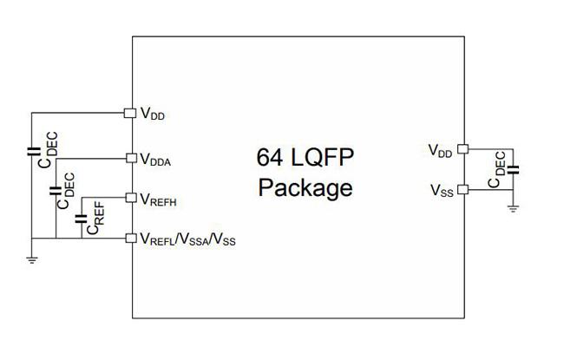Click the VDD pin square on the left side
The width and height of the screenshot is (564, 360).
pyautogui.click(x=130, y=113)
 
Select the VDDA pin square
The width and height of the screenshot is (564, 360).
pyautogui.click(x=132, y=158)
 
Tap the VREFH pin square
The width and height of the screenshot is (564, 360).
pyautogui.click(x=131, y=198)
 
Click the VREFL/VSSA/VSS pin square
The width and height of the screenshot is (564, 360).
pyautogui.click(x=131, y=238)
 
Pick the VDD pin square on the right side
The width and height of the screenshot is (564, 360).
pyautogui.click(x=463, y=149)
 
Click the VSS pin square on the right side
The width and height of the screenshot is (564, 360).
pyautogui.click(x=463, y=189)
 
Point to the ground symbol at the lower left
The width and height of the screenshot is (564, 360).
pyautogui.click(x=32, y=259)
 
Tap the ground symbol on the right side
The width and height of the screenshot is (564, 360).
pyautogui.click(x=513, y=208)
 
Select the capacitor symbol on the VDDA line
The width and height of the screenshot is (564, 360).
pyautogui.click(x=55, y=191)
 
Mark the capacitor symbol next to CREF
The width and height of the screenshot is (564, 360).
pyautogui.click(x=81, y=219)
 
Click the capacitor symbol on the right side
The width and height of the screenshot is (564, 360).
pyautogui.click(x=513, y=170)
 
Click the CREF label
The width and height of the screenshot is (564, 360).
pyautogui.click(x=96, y=218)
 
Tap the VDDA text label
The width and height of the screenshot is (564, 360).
pyautogui.click(x=155, y=160)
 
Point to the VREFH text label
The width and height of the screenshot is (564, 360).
pyautogui.click(x=158, y=200)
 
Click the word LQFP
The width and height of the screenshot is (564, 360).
pyautogui.click(x=323, y=157)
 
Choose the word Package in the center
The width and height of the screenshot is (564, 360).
pyautogui.click(x=305, y=188)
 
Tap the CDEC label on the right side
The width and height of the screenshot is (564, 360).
pyautogui.click(x=497, y=170)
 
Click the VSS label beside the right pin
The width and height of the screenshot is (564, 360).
pyautogui.click(x=442, y=191)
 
